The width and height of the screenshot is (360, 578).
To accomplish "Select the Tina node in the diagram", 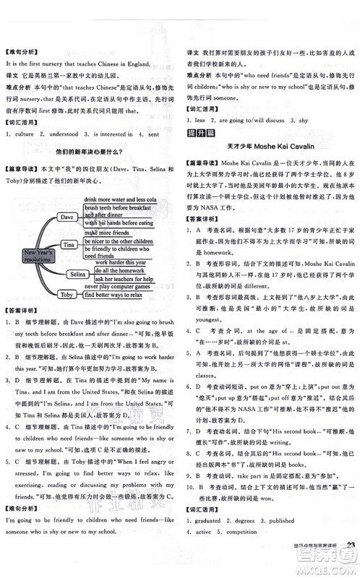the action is pyautogui.click(x=69, y=245).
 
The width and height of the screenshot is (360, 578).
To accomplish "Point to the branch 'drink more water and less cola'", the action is pyautogui.click(x=120, y=198).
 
